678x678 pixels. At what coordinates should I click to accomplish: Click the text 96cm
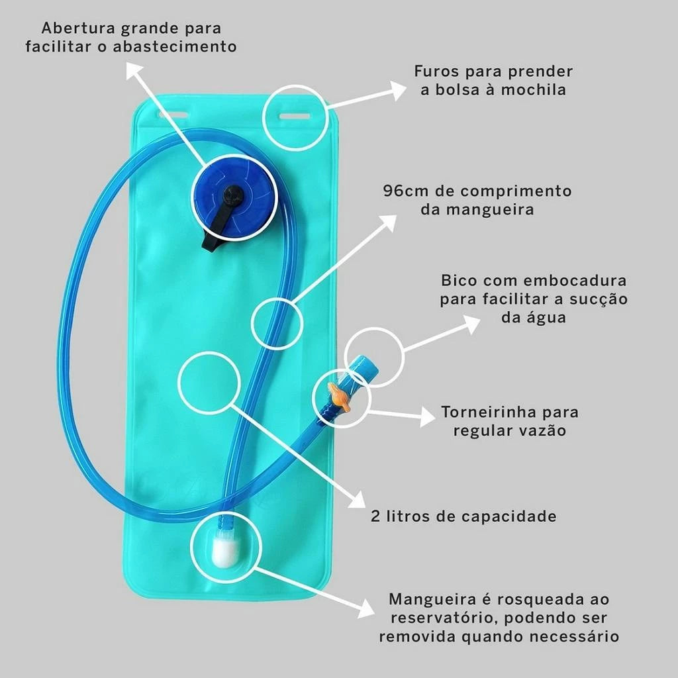tap(405, 191)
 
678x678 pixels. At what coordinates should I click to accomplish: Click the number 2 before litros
tap(375, 516)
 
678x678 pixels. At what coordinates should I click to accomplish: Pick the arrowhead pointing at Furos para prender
tap(397, 89)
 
